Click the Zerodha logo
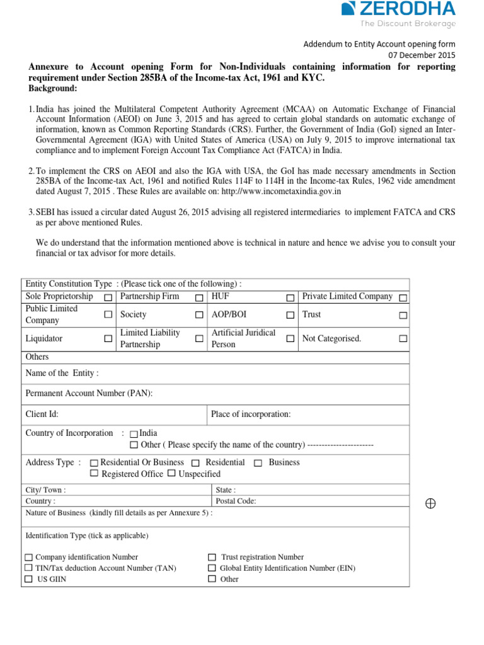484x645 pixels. point(398,14)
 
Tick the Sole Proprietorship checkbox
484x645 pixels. point(108,297)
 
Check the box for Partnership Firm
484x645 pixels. point(199,297)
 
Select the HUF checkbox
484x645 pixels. point(291,297)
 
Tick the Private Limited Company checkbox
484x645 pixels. point(403,297)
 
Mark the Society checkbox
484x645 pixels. point(199,315)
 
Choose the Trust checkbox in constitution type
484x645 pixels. point(403,315)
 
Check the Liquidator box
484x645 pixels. point(108,339)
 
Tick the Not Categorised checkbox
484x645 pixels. point(403,339)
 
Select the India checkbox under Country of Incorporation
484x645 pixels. point(134,434)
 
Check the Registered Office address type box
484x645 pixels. point(95,474)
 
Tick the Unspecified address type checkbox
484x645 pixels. point(171,474)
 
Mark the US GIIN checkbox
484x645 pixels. point(29,579)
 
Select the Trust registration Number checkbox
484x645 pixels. point(212,557)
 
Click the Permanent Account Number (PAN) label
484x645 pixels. point(89,393)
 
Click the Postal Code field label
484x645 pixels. point(236,501)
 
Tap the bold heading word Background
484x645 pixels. point(53,88)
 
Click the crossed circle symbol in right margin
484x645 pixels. point(430,503)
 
